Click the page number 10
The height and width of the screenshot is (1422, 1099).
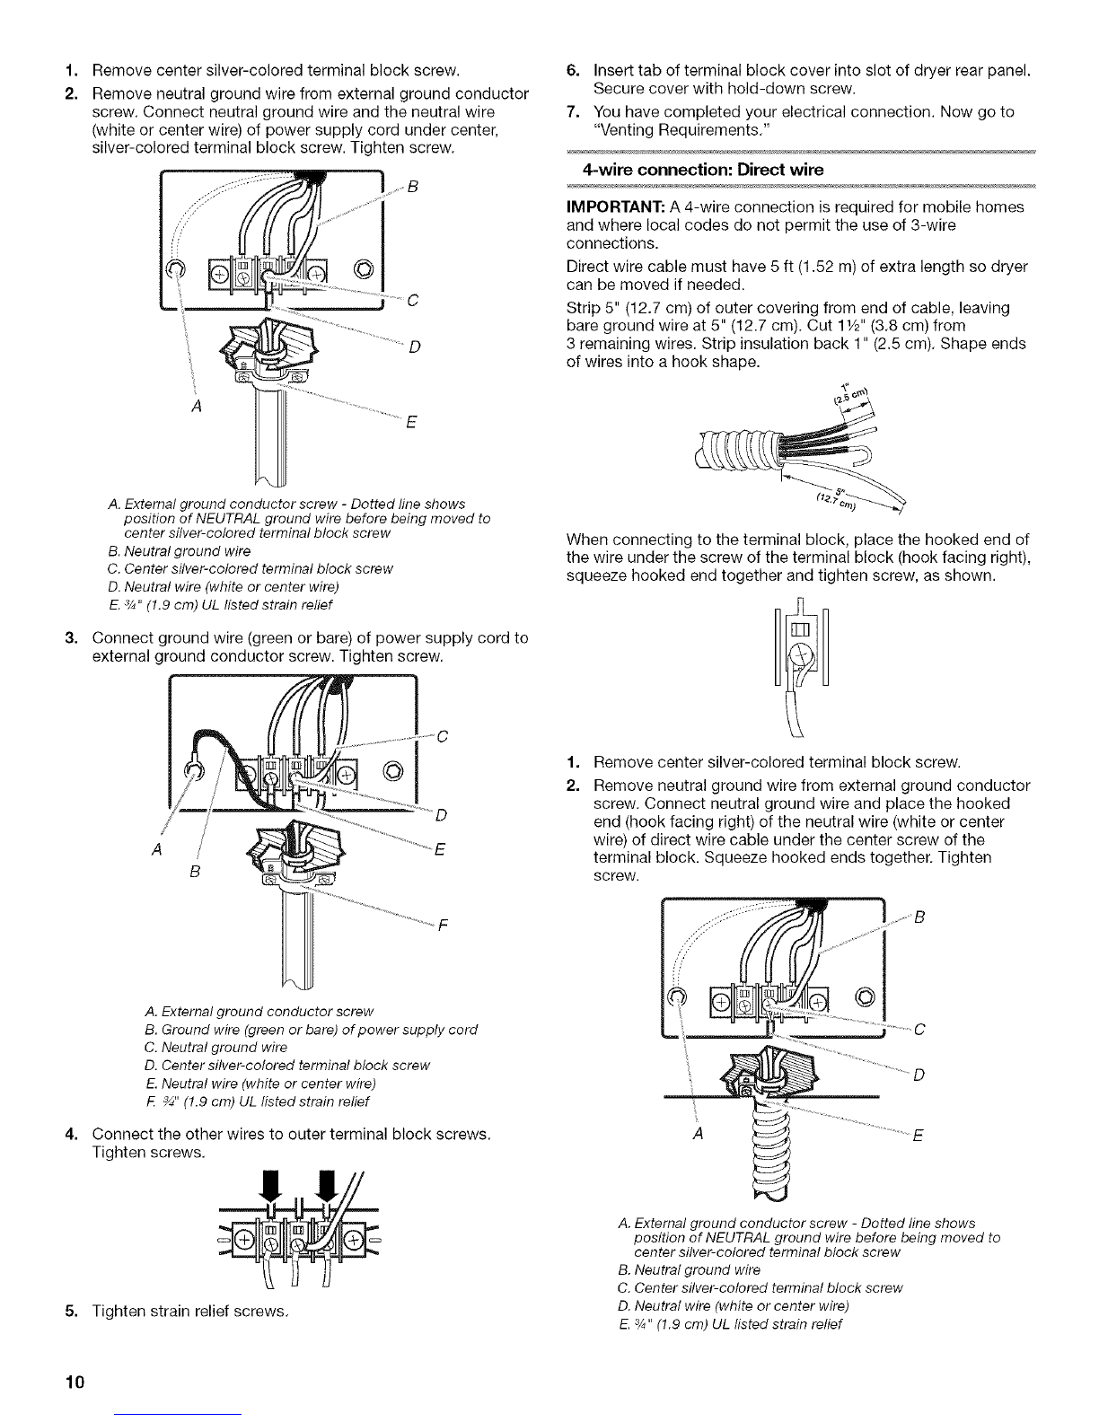75,1382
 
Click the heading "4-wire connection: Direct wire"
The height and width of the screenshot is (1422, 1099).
703,171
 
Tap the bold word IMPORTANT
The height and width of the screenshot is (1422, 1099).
616,207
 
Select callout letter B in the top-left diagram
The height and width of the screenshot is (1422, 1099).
412,187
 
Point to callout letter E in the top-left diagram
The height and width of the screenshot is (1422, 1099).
411,422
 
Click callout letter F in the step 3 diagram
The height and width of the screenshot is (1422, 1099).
443,926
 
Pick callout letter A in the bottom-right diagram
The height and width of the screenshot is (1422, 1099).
699,1134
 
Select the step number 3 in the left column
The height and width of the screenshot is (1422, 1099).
72,638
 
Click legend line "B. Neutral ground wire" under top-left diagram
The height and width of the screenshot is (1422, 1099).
180,551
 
